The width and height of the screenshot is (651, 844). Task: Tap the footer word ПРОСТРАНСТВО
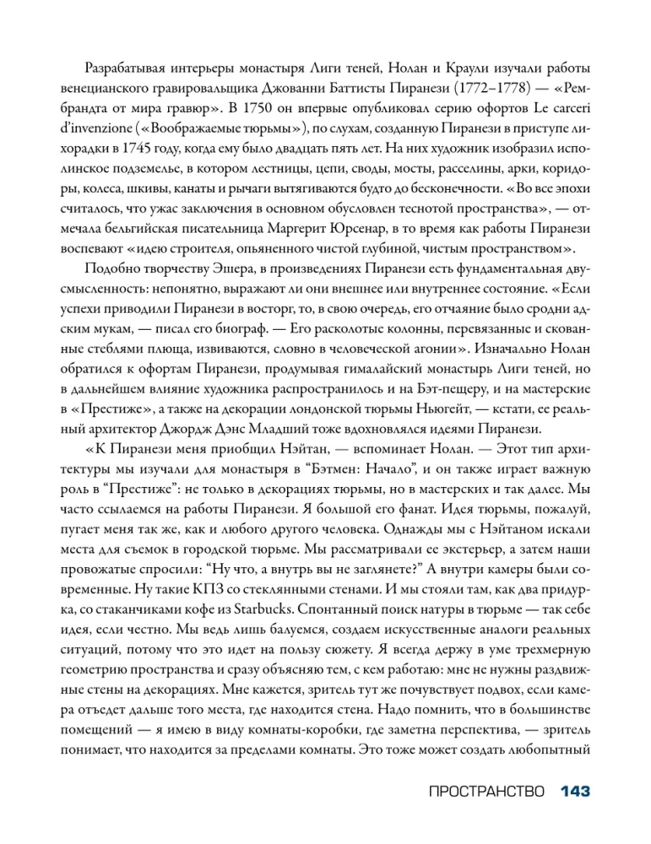pyautogui.click(x=481, y=793)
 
